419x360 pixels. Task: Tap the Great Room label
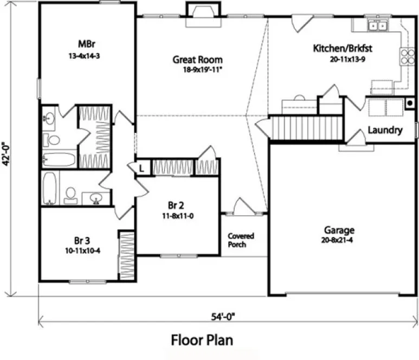pyautogui.click(x=197, y=60)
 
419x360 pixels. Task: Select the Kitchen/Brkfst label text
pyautogui.click(x=343, y=48)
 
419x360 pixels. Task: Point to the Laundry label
pyautogui.click(x=384, y=130)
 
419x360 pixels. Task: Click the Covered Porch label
pyautogui.click(x=241, y=240)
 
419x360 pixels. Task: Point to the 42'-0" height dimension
pyautogui.click(x=7, y=154)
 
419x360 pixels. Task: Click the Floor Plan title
pyautogui.click(x=202, y=340)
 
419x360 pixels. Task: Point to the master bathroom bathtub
pyautogui.click(x=59, y=159)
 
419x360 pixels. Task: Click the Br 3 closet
pyautogui.click(x=126, y=255)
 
